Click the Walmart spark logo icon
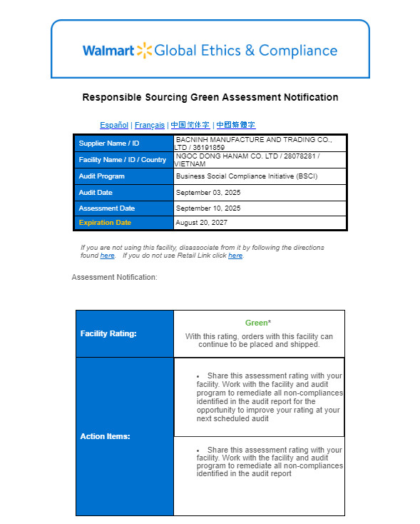click(145, 50)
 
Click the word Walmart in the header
click(108, 51)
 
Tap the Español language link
click(114, 125)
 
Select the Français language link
click(150, 125)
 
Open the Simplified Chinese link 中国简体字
click(190, 125)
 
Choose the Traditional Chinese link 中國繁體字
click(236, 125)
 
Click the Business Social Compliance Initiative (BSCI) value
click(246, 176)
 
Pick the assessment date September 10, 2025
click(208, 208)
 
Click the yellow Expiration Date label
click(105, 223)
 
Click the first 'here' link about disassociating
click(107, 256)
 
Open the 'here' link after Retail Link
click(235, 256)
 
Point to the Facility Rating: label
click(108, 333)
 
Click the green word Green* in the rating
click(258, 323)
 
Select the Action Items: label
click(105, 436)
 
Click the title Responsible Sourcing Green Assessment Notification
click(210, 97)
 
